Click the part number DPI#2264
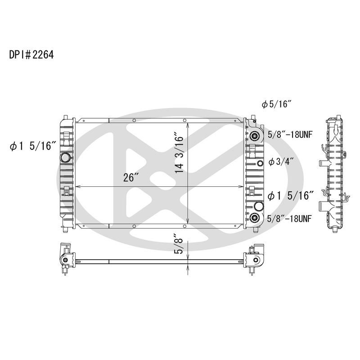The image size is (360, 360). (x=31, y=55)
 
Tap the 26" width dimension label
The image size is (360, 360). (x=129, y=177)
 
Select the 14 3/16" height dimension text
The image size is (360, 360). (x=180, y=153)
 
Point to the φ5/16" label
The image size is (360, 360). (x=277, y=104)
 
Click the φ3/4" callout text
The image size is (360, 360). (x=281, y=162)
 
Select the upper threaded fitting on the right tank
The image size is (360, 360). (x=255, y=136)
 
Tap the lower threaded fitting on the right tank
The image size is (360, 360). (x=255, y=218)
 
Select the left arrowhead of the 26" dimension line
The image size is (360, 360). (x=77, y=187)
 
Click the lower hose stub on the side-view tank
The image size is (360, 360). (x=325, y=207)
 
